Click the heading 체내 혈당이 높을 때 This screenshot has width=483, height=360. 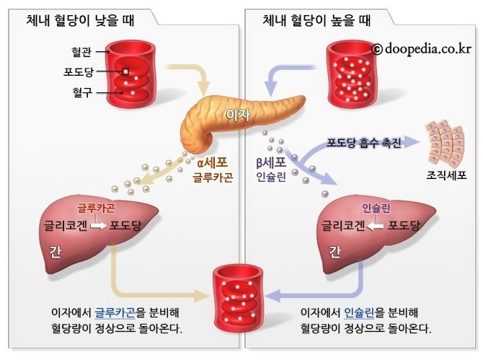(x=311, y=21)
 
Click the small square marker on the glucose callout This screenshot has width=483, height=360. (x=125, y=72)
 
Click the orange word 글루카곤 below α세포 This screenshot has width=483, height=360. (x=212, y=177)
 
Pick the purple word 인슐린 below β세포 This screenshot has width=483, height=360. (x=271, y=177)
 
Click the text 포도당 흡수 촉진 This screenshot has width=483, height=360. (x=360, y=141)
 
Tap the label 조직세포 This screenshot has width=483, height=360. (x=447, y=175)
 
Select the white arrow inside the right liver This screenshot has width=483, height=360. (x=375, y=224)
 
